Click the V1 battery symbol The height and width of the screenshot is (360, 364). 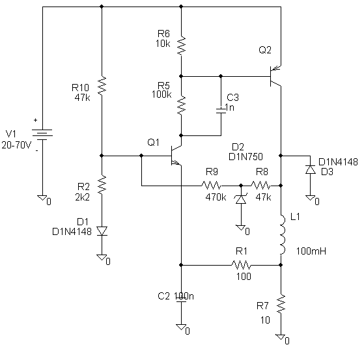point(42,135)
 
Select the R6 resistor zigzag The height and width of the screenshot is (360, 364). point(181,46)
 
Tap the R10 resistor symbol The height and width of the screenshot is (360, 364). point(102,86)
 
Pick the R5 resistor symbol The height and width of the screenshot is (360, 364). point(181,105)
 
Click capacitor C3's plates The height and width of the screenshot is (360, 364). point(221,111)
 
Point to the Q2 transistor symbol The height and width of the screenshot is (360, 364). point(275,76)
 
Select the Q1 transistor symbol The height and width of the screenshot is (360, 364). point(176,156)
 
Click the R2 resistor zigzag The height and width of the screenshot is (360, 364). point(102,185)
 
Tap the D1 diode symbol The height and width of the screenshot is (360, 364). point(102,231)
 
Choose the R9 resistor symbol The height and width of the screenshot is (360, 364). point(211,186)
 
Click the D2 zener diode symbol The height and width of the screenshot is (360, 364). point(241,199)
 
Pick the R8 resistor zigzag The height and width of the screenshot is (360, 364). point(260,186)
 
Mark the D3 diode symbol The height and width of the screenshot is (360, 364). point(311,169)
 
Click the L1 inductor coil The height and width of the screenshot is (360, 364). point(282,234)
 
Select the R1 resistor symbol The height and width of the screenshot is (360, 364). point(241,265)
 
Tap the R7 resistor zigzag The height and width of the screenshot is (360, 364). point(281,303)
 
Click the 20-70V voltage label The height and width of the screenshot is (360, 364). point(16,145)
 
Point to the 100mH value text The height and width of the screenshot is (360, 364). point(311,251)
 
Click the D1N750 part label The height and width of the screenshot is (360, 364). point(245,157)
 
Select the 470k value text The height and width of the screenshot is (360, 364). point(216,197)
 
